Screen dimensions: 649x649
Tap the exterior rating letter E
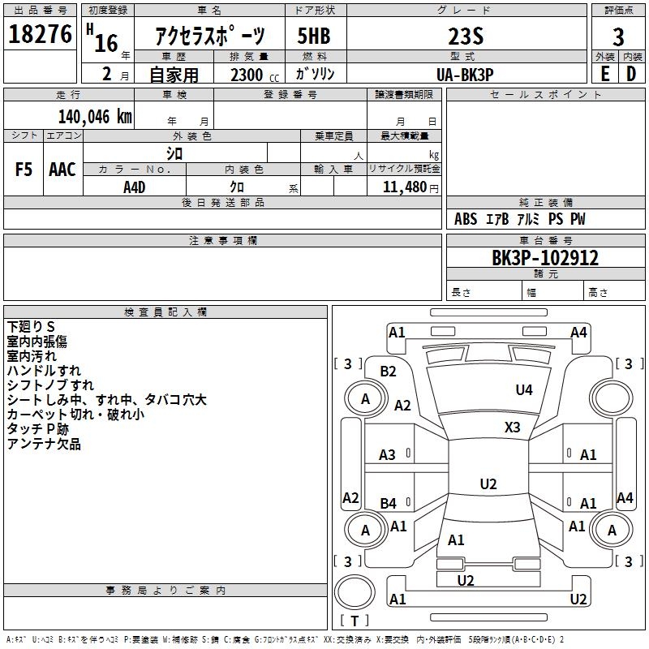604,74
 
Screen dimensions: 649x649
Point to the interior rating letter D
631,74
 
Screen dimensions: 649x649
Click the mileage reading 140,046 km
95,116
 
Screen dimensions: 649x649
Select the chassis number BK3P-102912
545,258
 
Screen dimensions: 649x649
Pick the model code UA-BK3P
465,74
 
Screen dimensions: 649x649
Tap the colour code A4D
135,187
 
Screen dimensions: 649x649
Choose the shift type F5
24,170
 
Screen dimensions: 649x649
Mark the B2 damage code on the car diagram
389,372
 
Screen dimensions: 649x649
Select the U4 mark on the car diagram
524,390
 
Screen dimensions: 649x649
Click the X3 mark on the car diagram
513,427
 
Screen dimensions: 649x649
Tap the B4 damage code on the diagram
389,504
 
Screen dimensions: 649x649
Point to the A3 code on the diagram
388,455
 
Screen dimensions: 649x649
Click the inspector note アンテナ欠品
44,445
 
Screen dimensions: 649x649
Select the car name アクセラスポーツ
210,37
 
